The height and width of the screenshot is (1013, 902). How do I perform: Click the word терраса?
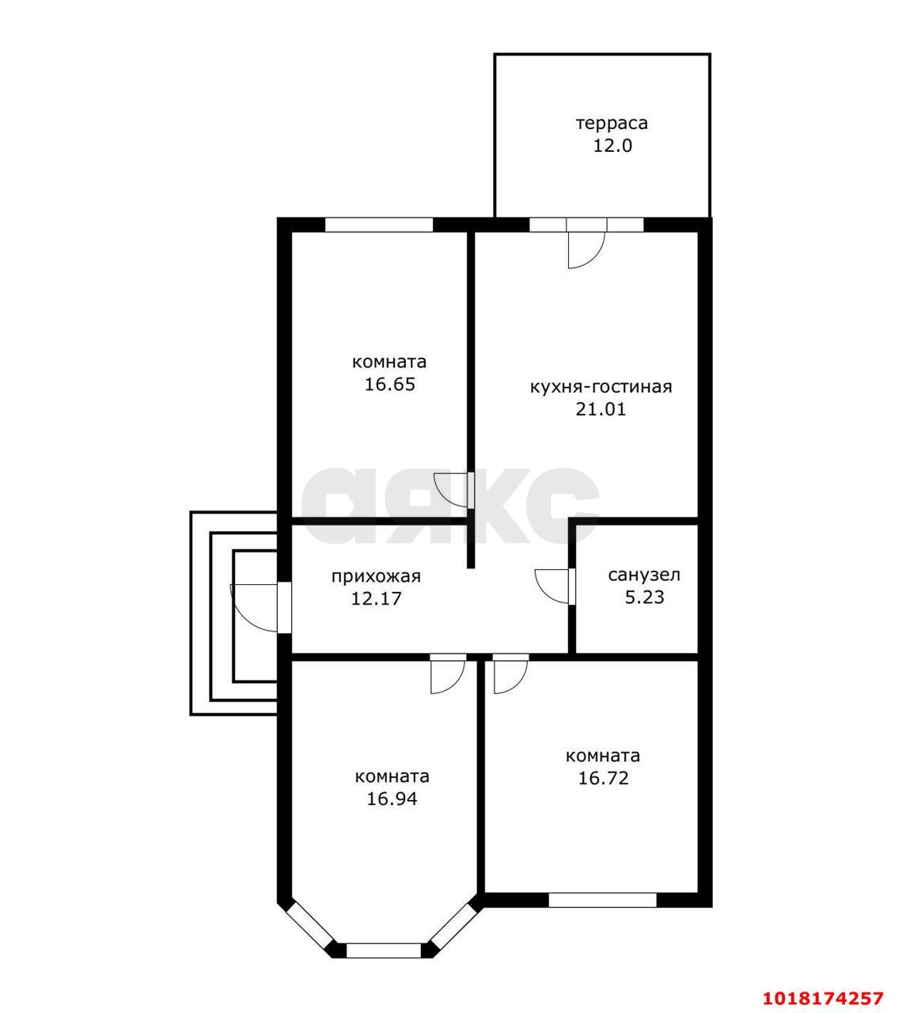(612, 123)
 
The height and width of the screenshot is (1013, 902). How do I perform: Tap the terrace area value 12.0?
(612, 146)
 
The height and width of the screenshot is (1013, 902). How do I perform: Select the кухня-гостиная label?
(601, 387)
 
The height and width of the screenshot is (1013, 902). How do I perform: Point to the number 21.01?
(601, 409)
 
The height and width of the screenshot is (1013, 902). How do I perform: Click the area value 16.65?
(389, 385)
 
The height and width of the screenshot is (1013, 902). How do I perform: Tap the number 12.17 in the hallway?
(376, 598)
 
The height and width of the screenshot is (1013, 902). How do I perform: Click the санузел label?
(644, 575)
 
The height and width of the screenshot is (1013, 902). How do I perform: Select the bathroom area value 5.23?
(645, 597)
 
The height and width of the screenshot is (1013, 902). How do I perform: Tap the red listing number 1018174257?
(823, 985)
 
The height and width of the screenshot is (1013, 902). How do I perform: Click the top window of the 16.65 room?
(378, 225)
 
